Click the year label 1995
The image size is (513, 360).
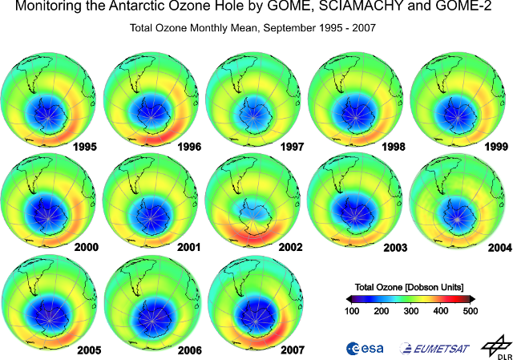(84, 148)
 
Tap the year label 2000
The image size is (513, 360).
(84, 247)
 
